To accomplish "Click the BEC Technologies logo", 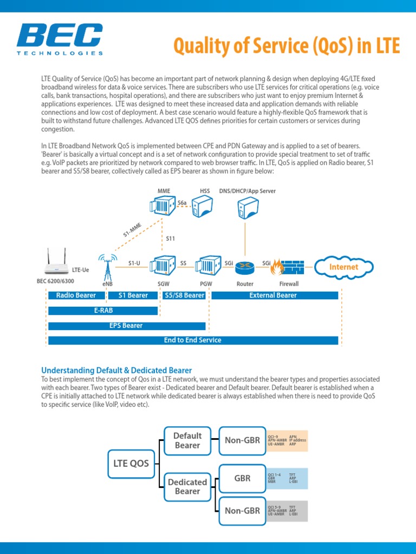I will pyautogui.click(x=60, y=39).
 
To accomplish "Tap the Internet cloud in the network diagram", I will pyautogui.click(x=343, y=267).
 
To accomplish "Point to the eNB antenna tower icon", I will pyautogui.click(x=107, y=265).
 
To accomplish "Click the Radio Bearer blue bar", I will pyautogui.click(x=76, y=295).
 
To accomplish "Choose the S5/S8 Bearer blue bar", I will pyautogui.click(x=184, y=295).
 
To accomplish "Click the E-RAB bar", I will pyautogui.click(x=103, y=311).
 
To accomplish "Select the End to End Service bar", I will pyautogui.click(x=193, y=340).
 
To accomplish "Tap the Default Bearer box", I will pyautogui.click(x=187, y=440).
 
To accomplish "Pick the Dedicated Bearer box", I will pyautogui.click(x=187, y=486).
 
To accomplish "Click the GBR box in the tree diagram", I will pyautogui.click(x=242, y=478).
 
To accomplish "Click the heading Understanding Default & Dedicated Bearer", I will pyautogui.click(x=116, y=370).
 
